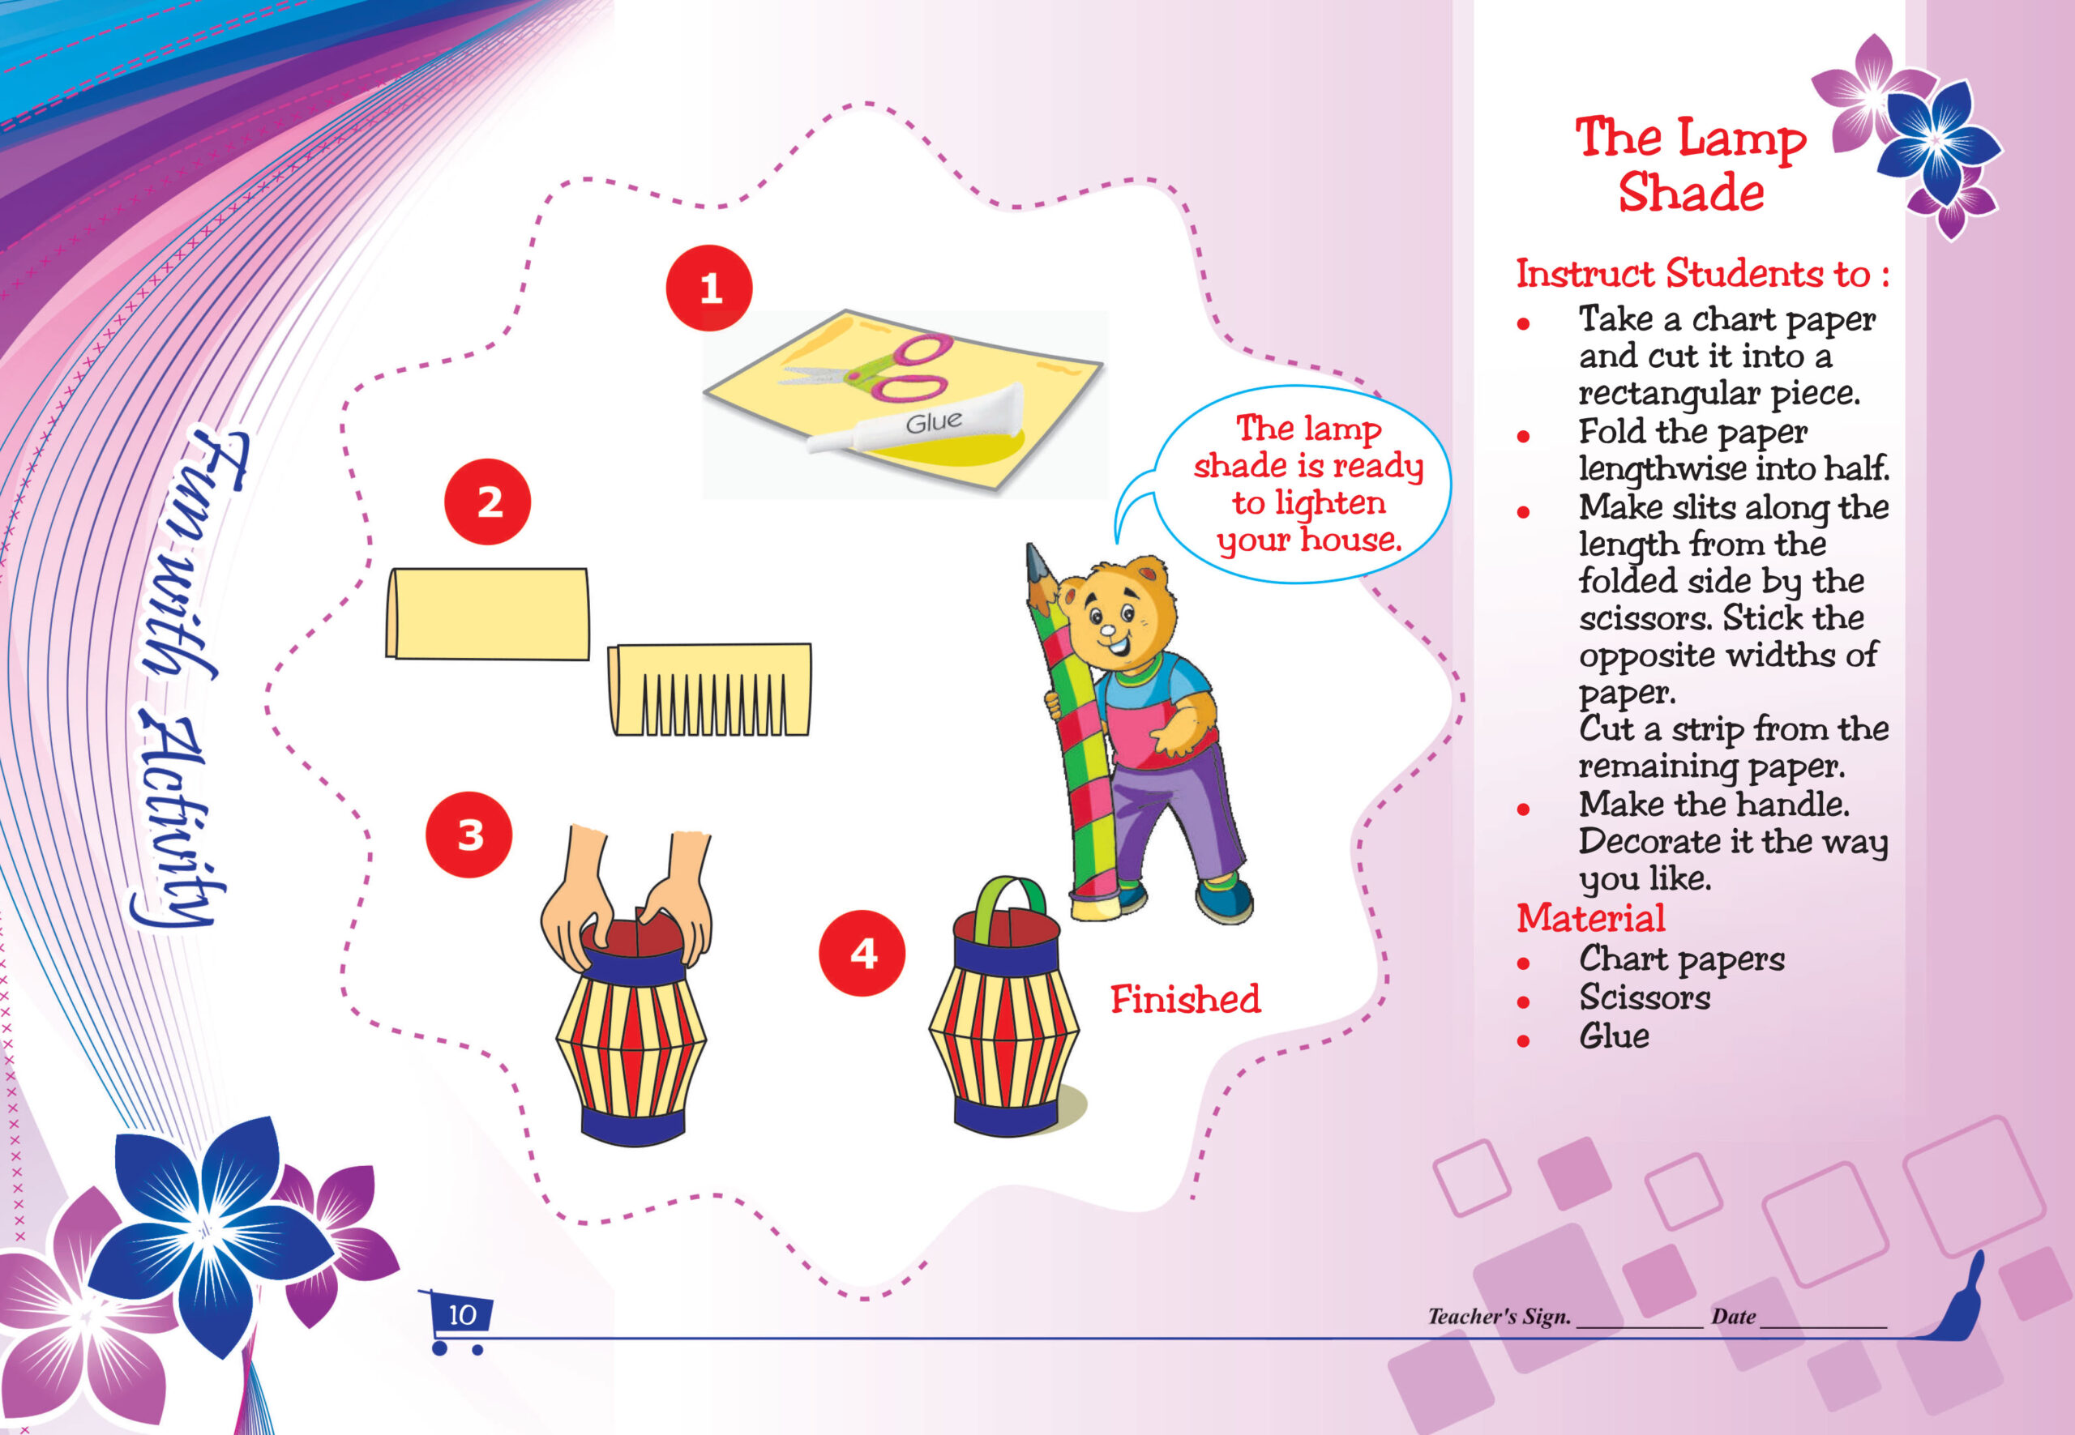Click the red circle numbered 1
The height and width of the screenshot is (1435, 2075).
708,288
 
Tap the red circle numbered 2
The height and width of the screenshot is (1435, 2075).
487,502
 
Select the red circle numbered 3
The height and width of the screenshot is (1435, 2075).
468,835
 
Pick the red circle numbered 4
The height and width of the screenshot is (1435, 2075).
862,953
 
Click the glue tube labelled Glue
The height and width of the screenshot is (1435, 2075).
916,419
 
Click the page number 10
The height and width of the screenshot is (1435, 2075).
462,1315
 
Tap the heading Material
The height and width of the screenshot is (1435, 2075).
1590,918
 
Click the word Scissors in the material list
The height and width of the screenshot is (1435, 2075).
1644,997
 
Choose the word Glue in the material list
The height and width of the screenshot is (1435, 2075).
1614,1036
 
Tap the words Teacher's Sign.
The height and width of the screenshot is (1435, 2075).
1499,1317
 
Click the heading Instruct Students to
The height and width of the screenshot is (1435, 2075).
1703,273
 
